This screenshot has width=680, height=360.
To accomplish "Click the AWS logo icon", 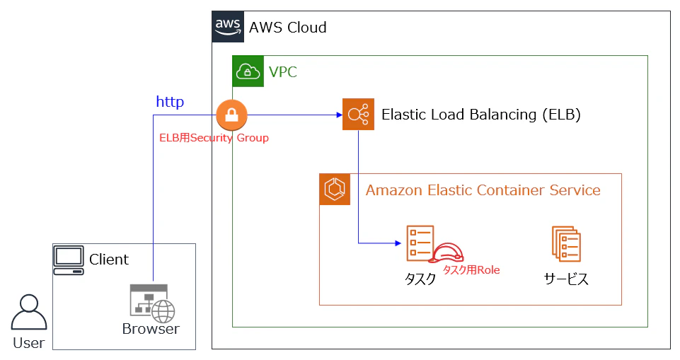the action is tap(228, 27).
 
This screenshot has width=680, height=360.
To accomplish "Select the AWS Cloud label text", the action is tap(287, 28).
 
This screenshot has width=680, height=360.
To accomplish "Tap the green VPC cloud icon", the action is tap(248, 71).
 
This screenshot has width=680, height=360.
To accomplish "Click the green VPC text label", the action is tap(283, 71).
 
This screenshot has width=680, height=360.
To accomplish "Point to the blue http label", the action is tap(170, 102).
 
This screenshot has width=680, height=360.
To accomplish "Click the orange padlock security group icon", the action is tap(231, 115).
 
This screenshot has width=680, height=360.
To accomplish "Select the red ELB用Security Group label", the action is tap(214, 138).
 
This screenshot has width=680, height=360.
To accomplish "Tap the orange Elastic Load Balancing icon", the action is tap(358, 115).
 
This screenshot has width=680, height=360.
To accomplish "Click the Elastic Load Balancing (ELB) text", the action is tap(481, 115).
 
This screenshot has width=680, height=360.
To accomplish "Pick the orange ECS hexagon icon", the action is tap(335, 190).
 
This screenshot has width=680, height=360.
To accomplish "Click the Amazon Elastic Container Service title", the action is tap(483, 190).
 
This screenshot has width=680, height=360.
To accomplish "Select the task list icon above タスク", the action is tap(420, 243).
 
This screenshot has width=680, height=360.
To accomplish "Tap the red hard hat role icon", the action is tap(446, 253).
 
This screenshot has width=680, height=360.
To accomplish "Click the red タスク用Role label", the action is tap(471, 270).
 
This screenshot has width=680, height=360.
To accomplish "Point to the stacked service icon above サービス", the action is tap(566, 244).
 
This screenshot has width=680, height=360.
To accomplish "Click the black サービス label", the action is tap(566, 279).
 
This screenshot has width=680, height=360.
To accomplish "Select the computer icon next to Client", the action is tap(69, 260).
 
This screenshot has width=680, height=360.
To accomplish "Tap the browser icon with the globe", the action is tap(152, 303).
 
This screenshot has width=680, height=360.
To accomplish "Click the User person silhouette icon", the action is tap(28, 313).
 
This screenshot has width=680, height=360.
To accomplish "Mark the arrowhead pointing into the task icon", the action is tap(398, 243).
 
